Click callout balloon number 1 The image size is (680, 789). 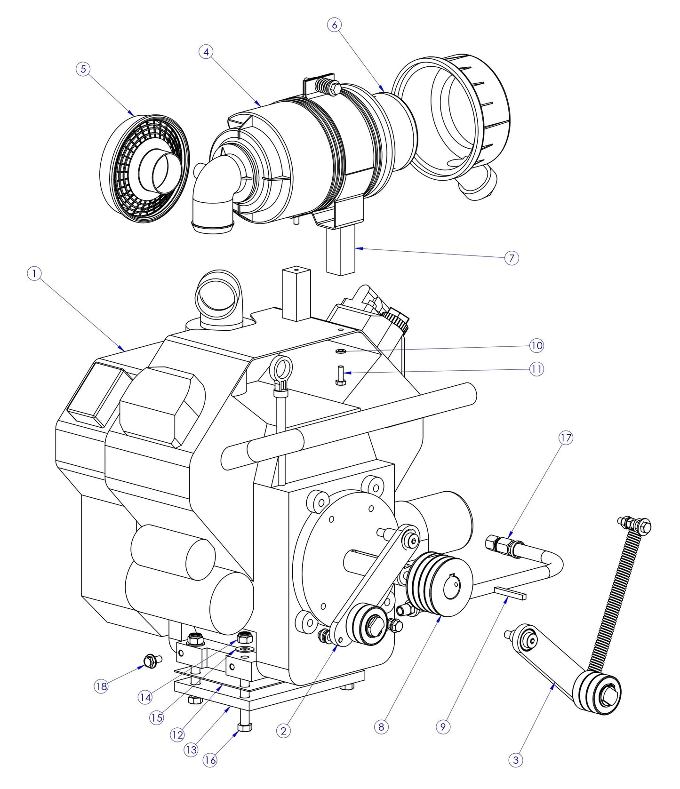click(x=34, y=273)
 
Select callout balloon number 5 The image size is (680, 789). click(x=83, y=69)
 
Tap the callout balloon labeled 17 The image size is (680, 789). click(x=566, y=438)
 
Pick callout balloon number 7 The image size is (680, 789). click(x=512, y=258)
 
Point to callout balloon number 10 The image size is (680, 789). click(x=536, y=346)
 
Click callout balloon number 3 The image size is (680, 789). click(x=516, y=759)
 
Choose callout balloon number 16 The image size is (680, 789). click(x=210, y=760)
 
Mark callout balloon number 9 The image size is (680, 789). click(x=443, y=727)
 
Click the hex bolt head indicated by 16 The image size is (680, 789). click(x=245, y=727)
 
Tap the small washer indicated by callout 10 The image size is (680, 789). click(x=340, y=351)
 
